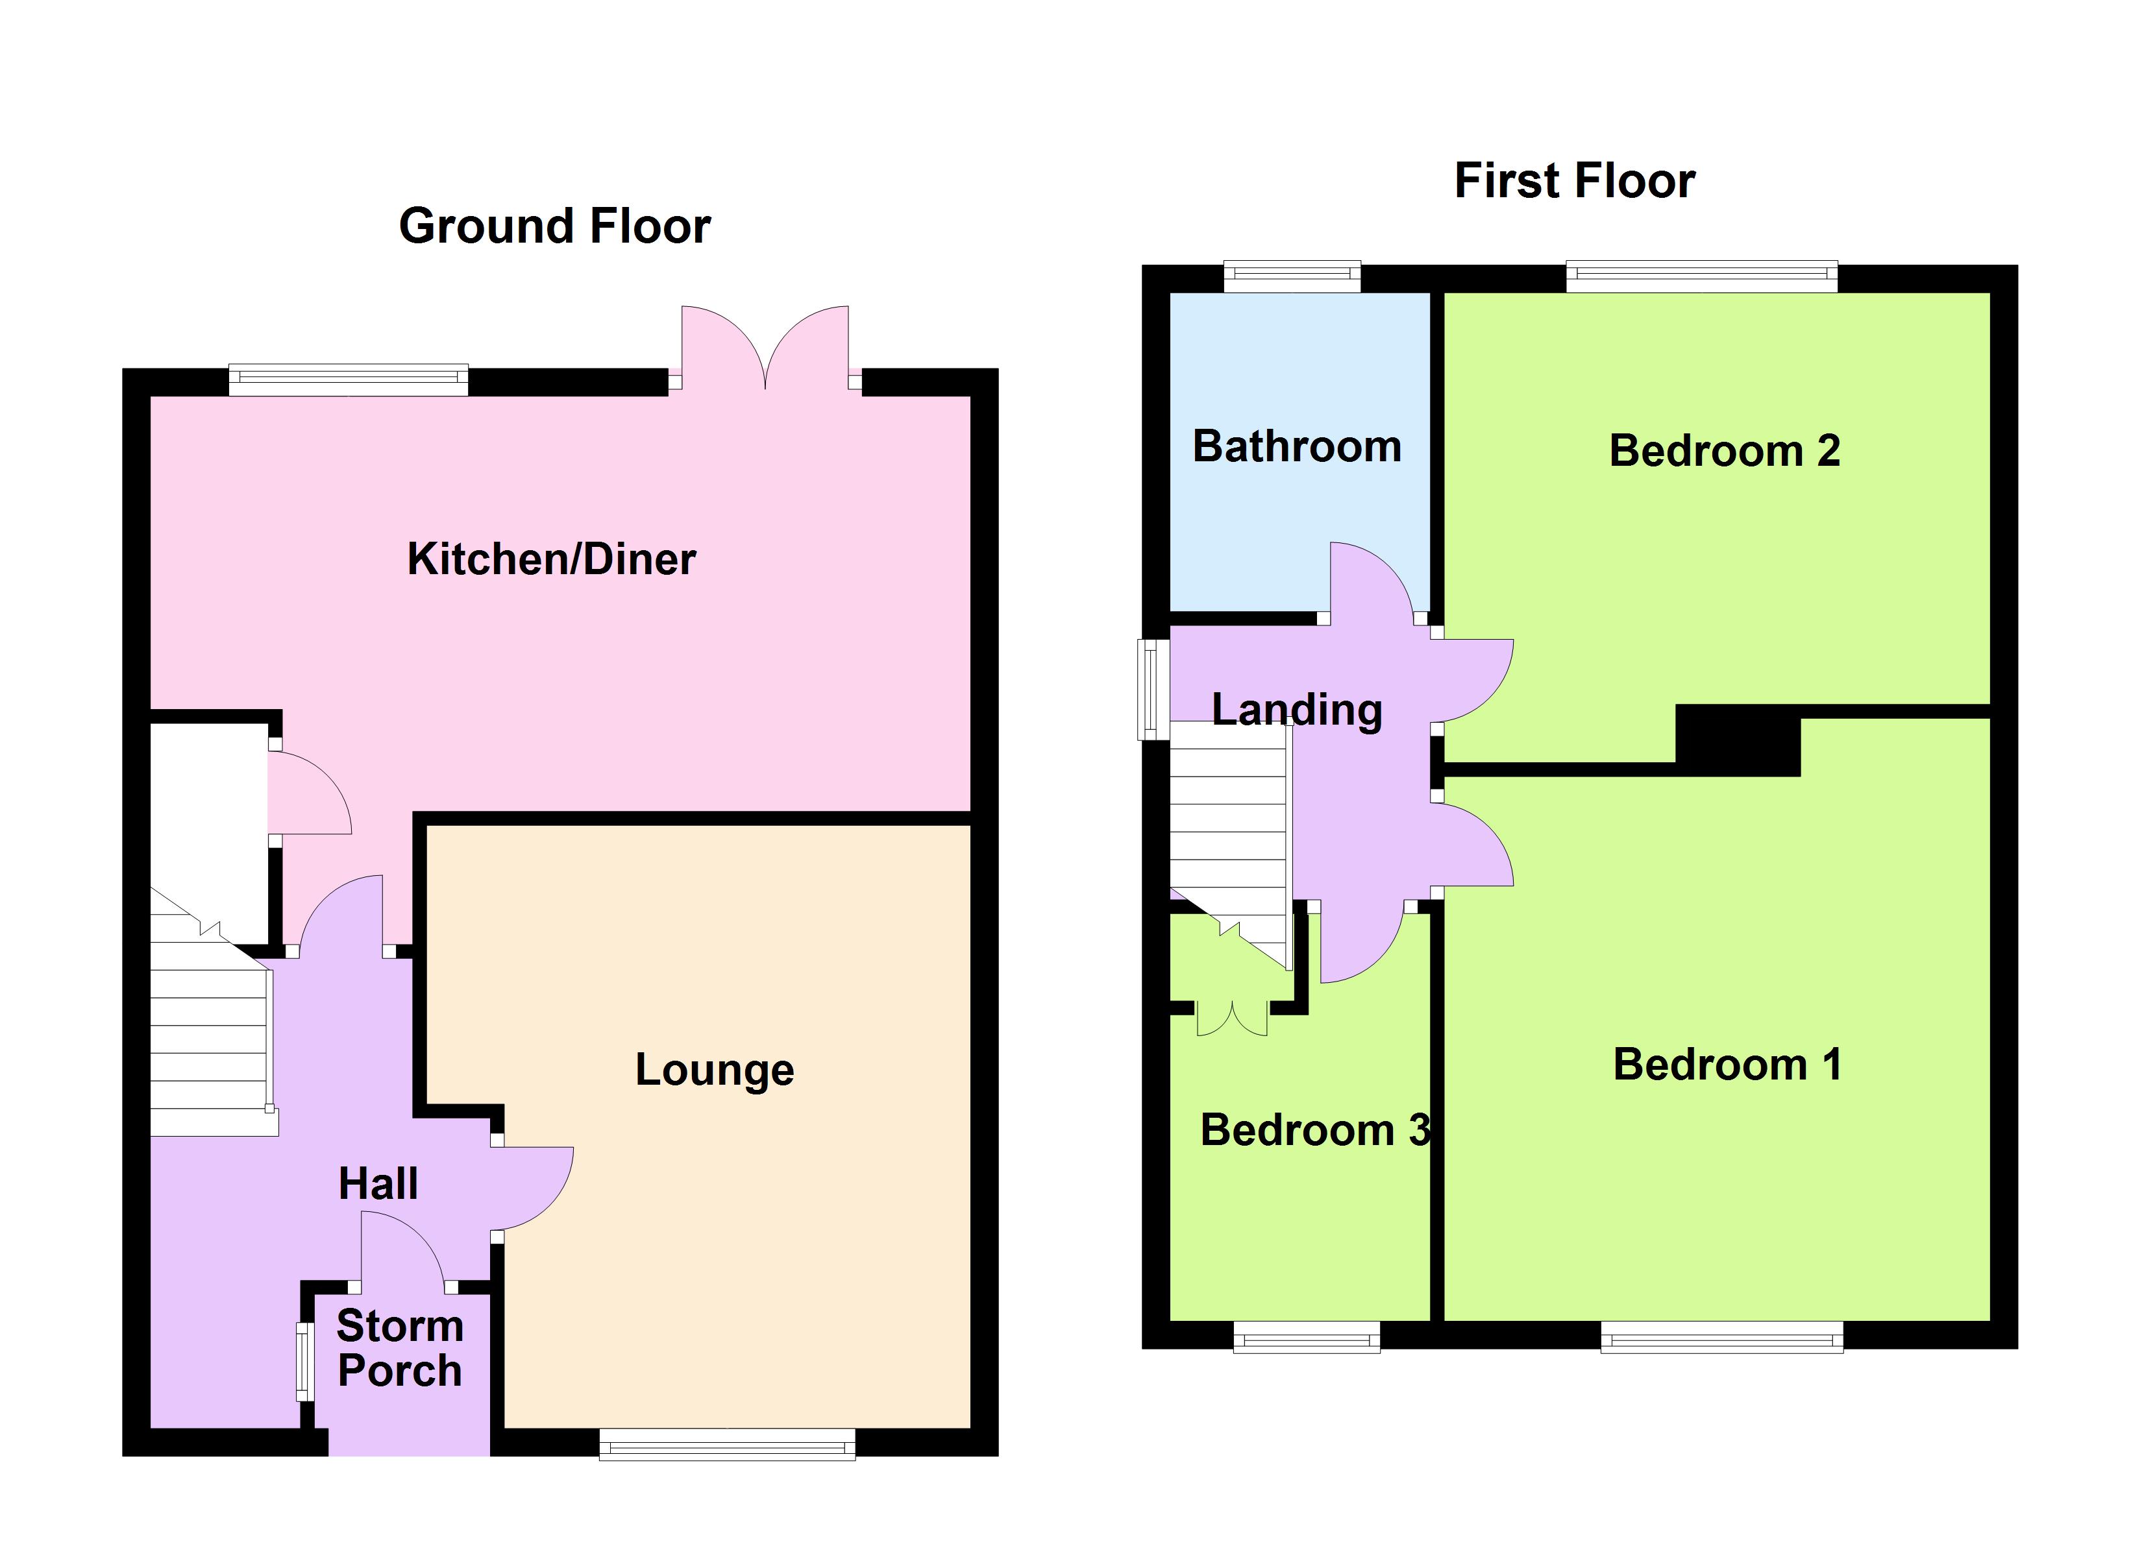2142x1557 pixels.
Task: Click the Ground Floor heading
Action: [554, 226]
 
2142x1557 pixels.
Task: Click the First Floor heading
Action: [1575, 180]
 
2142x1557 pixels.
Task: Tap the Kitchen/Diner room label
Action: [552, 559]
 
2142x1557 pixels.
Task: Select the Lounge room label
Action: [714, 1070]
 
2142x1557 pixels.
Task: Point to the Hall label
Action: [378, 1184]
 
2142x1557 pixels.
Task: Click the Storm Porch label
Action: [399, 1348]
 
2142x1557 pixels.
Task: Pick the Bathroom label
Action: [1297, 446]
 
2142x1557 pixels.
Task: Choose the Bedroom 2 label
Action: [1725, 450]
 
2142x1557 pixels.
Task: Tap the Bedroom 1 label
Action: [1727, 1064]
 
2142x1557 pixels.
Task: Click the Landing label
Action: [1297, 709]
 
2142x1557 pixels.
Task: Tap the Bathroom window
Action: [1292, 276]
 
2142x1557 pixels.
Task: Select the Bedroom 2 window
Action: [1702, 276]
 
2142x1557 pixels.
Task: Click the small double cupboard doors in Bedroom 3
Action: [1233, 1020]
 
